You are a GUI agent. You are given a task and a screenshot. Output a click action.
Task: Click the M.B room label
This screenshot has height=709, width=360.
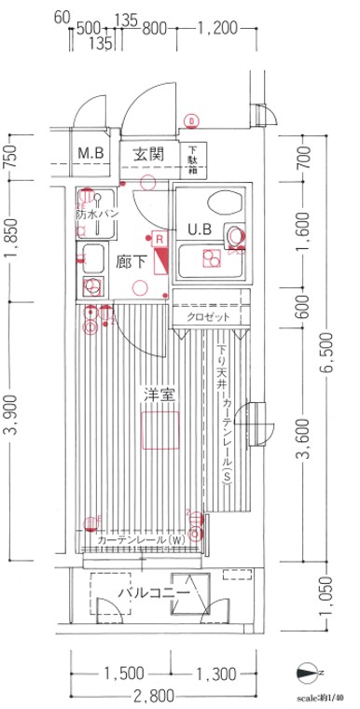click(x=90, y=153)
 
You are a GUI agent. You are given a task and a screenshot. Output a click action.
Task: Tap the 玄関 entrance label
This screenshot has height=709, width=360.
click(x=146, y=153)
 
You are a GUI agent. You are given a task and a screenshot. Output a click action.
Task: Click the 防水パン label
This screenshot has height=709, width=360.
click(x=96, y=214)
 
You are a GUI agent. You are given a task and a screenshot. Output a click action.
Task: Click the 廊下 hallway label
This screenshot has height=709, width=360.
click(x=131, y=263)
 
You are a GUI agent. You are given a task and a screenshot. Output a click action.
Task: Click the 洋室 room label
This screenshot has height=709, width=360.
click(x=156, y=395)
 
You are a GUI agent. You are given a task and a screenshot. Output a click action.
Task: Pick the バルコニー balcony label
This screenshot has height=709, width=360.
click(x=154, y=593)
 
